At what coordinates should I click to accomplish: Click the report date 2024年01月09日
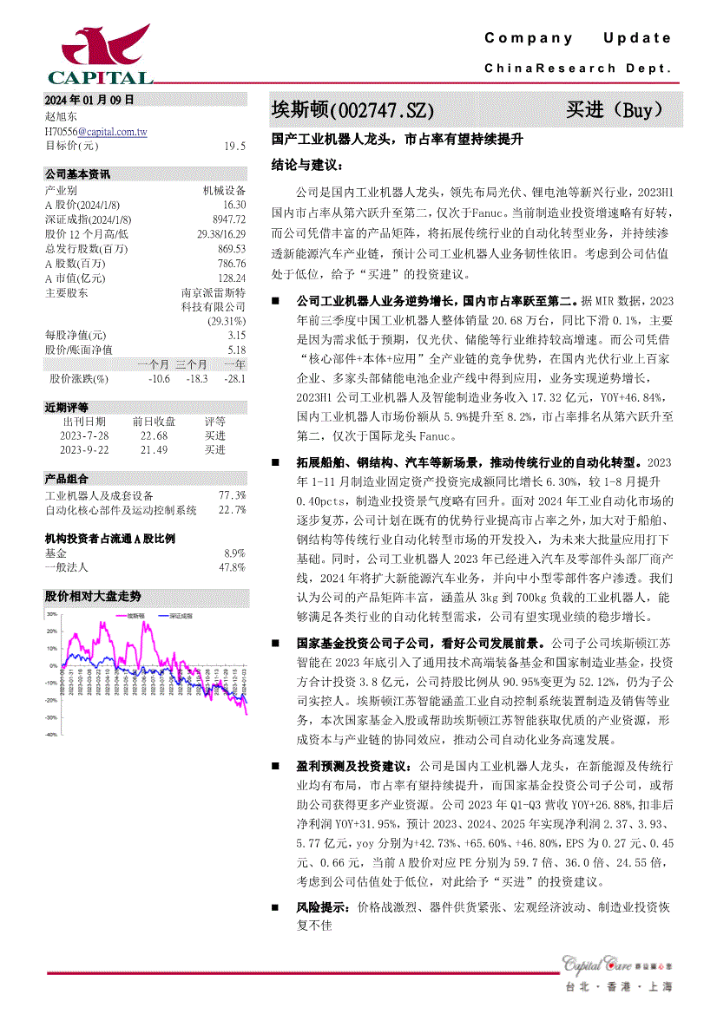point(89,100)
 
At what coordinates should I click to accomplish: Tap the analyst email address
point(95,131)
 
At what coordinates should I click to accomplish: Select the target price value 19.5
point(234,146)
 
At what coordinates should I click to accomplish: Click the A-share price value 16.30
point(234,204)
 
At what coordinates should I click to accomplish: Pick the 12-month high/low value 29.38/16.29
point(221,233)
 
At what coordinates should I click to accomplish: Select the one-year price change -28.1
point(234,378)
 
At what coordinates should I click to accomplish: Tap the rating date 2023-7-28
point(84,435)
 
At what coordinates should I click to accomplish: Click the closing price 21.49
point(155,449)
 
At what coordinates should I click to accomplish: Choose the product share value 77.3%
point(232,495)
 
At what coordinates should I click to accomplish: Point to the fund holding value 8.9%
point(234,553)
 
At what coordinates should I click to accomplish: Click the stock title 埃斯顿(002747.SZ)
point(353,110)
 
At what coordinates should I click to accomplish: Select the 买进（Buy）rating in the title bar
point(615,110)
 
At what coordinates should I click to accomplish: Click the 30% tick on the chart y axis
point(51,613)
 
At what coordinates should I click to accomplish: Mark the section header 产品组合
point(66,478)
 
